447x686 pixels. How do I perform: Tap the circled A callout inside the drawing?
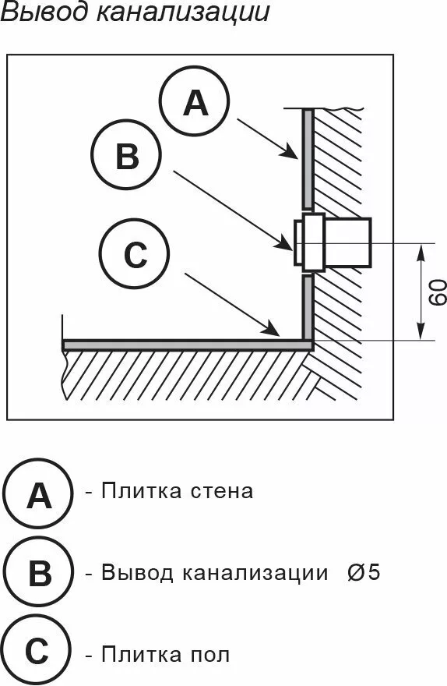[195, 102]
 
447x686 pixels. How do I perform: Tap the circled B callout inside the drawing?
[126, 157]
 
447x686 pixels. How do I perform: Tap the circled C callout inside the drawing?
[135, 254]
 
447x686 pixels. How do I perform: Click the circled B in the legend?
[38, 575]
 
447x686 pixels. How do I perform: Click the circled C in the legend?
[38, 652]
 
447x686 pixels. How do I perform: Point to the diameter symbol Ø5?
[364, 573]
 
